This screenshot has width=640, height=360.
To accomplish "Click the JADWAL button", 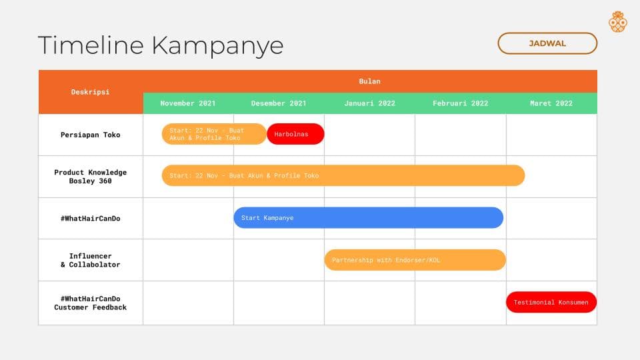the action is click(x=547, y=43).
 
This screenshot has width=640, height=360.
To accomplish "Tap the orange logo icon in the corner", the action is click(x=617, y=21).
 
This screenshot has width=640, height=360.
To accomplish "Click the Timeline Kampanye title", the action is click(x=161, y=45).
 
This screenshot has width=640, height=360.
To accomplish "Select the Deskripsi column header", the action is click(x=91, y=92).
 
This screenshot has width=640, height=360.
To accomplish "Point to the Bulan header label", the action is click(x=369, y=81).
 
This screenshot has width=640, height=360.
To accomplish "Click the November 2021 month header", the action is click(x=188, y=103).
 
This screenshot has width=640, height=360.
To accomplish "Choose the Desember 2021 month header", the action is click(x=279, y=103).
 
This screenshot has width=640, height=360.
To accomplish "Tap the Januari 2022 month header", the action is click(x=369, y=103).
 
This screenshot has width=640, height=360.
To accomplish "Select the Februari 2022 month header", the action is click(x=461, y=103).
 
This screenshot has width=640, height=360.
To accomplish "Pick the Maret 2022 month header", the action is click(x=551, y=103).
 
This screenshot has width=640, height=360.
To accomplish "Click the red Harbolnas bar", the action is click(x=295, y=134).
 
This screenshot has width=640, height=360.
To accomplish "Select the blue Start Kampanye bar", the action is click(x=368, y=217).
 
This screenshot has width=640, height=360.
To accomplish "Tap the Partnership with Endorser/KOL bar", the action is click(x=415, y=260).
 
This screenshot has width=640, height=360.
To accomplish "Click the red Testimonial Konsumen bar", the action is click(x=551, y=302).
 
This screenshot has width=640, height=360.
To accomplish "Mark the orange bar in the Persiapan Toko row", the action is click(x=214, y=134).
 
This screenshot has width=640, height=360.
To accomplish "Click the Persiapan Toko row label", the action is click(x=91, y=135).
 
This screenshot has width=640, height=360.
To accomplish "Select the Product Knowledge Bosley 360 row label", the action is click(x=91, y=176).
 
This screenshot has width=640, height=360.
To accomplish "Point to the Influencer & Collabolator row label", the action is click(x=91, y=260).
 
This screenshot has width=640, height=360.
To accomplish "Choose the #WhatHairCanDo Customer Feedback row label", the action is click(x=91, y=303).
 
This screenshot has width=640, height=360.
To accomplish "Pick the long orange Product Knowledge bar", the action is click(x=343, y=175).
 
